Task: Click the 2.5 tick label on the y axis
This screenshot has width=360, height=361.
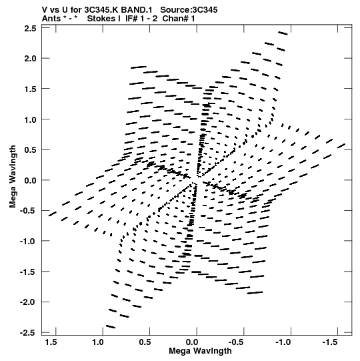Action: click(30, 29)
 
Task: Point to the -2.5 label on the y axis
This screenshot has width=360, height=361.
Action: click(27, 333)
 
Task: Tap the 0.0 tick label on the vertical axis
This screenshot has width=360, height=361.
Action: click(30, 180)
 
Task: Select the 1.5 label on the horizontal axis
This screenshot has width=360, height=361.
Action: click(51, 342)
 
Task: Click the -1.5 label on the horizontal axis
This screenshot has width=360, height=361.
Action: click(329, 342)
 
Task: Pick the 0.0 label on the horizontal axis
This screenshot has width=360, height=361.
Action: click(192, 342)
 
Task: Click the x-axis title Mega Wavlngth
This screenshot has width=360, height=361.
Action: click(200, 351)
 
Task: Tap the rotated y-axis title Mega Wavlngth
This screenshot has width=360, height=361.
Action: click(13, 176)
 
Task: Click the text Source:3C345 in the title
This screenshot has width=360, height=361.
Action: click(189, 10)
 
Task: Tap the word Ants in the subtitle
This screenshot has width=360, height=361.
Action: click(51, 19)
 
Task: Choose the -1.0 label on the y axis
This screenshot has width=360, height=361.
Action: click(27, 242)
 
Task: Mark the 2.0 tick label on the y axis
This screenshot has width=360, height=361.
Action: click(30, 59)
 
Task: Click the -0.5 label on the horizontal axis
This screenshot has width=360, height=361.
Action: click(236, 342)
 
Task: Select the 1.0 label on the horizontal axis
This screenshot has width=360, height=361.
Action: click(98, 342)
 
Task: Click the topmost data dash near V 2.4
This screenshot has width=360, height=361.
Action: click(283, 33)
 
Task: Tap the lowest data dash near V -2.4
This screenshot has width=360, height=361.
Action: click(111, 326)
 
